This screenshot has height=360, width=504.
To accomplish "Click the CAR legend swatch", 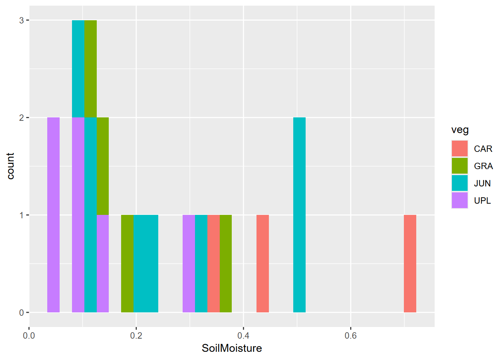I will pos(460,148).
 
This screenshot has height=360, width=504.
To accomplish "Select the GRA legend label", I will pos(483,166).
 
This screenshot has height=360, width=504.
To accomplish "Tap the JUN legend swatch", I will pos(460,183).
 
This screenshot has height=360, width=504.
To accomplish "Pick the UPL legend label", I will pos(482,201).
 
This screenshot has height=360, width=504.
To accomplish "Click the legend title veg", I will pos(460,130).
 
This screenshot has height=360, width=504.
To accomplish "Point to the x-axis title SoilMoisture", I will pos(232,348).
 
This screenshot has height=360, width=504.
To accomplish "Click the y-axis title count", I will pos(10,166).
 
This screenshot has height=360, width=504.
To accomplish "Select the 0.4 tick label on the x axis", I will pos(243,336).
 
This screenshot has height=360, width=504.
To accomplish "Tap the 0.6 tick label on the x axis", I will pos(351,336).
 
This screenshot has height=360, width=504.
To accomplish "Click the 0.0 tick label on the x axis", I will pos(29,336).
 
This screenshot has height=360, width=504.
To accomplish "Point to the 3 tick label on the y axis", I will pos(21,20).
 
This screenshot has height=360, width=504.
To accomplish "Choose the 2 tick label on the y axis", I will pos(21,118).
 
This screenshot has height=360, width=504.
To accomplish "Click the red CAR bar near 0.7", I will pos(410,264).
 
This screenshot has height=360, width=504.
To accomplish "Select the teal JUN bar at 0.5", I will pos(299,215).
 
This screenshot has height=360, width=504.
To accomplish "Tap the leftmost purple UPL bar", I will pos(53,215).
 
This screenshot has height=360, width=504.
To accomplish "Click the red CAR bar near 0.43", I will pos(262,264).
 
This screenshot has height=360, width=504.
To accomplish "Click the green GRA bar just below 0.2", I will pos(127,264).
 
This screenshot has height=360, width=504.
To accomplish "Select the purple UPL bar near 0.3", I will pos(189,264).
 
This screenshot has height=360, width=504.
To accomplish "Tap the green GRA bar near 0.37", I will pos(225,264).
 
